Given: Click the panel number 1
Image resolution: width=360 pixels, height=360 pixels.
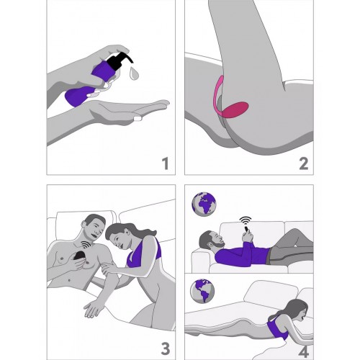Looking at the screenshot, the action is click(x=165, y=163).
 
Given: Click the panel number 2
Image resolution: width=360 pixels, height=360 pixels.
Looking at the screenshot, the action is click(x=304, y=163).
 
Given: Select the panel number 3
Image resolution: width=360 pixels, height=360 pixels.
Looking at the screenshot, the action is click(x=165, y=348).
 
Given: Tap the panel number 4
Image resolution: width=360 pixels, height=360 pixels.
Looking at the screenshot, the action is click(x=303, y=352).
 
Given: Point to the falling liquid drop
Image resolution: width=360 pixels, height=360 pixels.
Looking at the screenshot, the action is click(x=134, y=73).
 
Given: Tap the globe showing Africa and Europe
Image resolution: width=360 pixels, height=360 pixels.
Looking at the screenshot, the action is click(x=204, y=204).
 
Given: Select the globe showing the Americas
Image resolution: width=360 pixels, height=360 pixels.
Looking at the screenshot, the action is click(x=202, y=291).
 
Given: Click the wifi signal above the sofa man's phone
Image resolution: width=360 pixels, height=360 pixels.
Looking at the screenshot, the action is click(x=246, y=221).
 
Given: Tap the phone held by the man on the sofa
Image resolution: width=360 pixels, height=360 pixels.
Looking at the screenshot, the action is click(x=246, y=231).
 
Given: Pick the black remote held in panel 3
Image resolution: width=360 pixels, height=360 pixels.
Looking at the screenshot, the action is click(x=78, y=256).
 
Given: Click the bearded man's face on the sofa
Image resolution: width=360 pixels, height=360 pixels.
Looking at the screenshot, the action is click(x=213, y=239).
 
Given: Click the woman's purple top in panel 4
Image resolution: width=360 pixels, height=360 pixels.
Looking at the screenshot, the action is click(x=276, y=328).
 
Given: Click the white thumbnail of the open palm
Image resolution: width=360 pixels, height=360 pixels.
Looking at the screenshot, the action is click(x=138, y=118).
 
